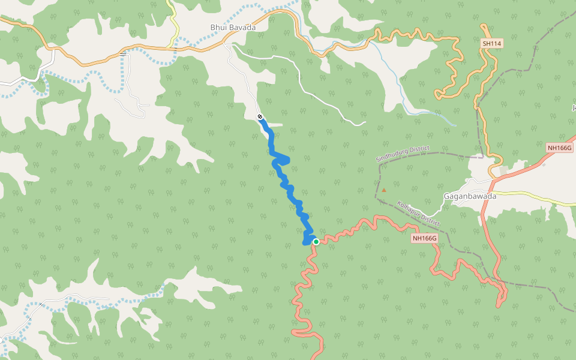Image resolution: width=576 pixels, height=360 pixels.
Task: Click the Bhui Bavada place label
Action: point(233,28)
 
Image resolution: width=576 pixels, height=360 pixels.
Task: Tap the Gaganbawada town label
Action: point(470,196)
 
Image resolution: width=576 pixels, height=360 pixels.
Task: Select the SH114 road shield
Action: point(491,44)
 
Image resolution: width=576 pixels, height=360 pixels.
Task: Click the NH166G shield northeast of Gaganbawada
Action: point(560,148)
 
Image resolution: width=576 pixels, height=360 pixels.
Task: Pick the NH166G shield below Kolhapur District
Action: point(425,238)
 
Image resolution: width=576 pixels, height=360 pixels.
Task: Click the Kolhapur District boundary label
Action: point(419,214)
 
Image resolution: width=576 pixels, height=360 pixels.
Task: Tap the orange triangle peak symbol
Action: point(384,190)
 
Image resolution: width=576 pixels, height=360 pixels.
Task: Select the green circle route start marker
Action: point(316,242)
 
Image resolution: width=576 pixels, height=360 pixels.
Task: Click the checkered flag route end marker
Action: point(260,116)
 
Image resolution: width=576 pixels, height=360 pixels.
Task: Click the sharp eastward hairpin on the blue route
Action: point(289,160)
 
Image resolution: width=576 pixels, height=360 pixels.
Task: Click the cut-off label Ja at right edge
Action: point(573,107)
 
